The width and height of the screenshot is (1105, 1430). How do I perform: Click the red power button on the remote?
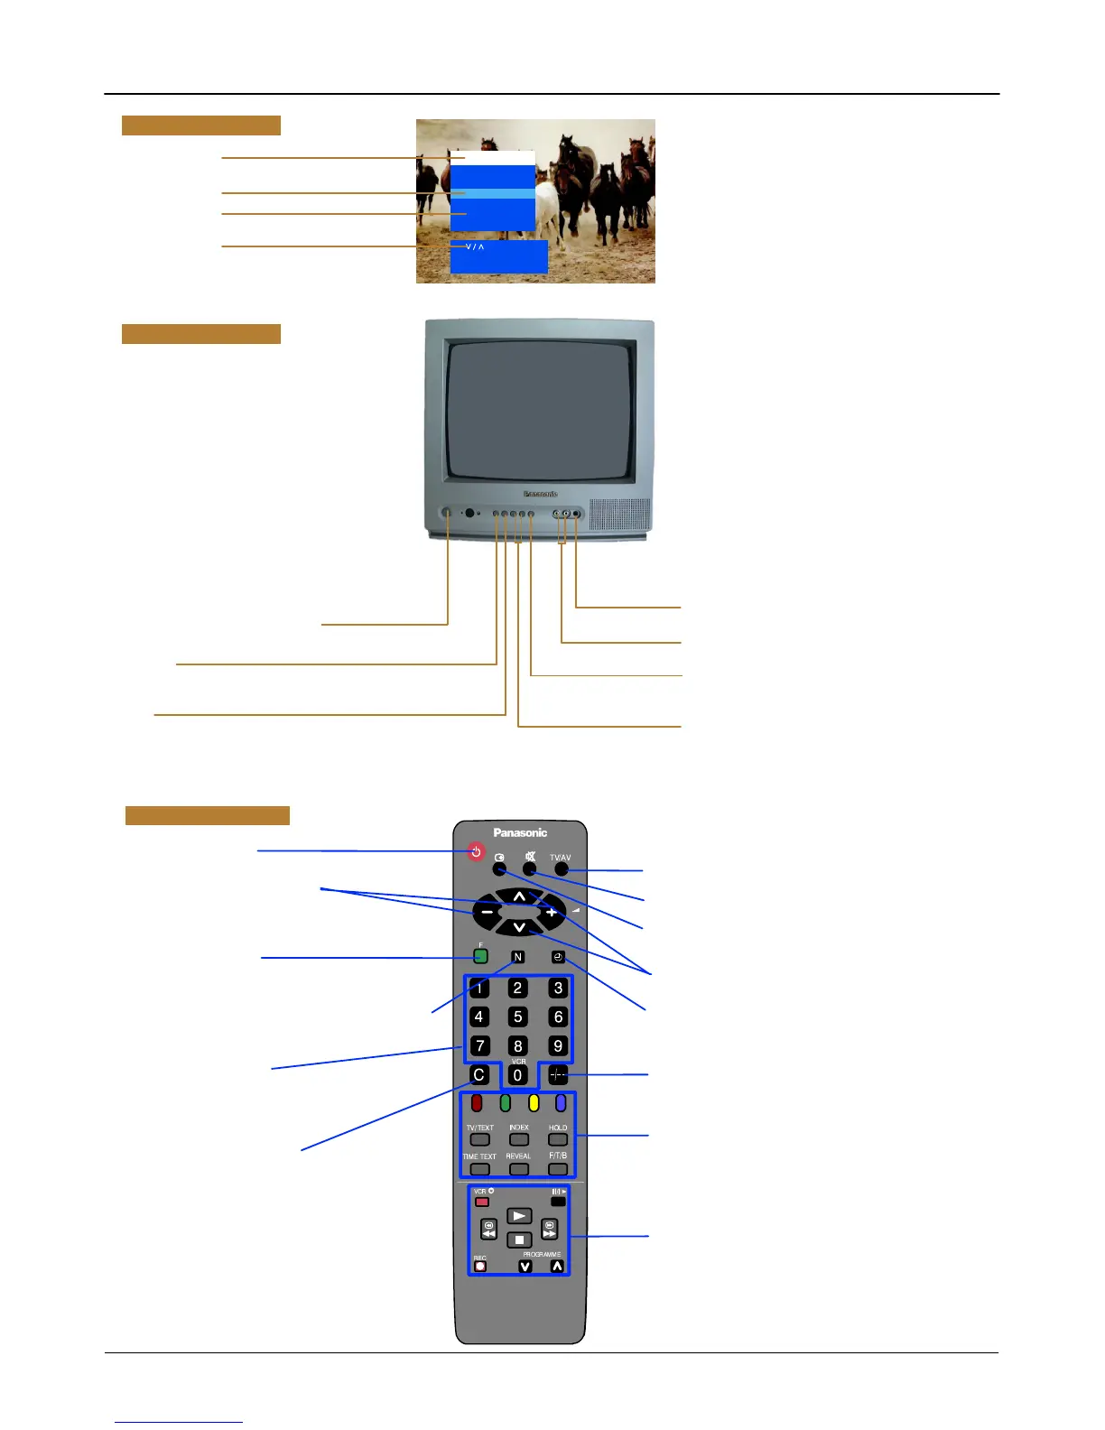tap(476, 851)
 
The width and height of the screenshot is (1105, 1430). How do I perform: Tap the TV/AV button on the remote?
tap(562, 868)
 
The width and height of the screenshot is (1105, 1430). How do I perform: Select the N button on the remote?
tap(517, 957)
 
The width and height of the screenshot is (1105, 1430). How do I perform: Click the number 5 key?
tap(517, 1017)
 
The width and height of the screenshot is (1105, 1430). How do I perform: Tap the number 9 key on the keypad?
tap(558, 1045)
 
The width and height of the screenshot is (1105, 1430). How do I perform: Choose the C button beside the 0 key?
tap(479, 1075)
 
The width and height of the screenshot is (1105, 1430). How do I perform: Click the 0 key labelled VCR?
tap(517, 1075)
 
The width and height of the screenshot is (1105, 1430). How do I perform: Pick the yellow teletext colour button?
tap(534, 1102)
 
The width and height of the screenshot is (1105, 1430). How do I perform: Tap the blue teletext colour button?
tap(561, 1102)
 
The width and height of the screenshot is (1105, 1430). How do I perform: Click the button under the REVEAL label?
tap(518, 1169)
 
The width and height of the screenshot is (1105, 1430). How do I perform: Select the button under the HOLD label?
tap(558, 1140)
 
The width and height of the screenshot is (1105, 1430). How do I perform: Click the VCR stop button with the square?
tap(518, 1240)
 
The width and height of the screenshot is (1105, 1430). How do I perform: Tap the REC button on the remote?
tap(480, 1266)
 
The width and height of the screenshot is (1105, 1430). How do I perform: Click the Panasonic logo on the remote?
tap(520, 832)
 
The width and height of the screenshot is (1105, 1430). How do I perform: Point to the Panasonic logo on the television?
tap(541, 494)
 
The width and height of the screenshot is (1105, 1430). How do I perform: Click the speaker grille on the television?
tap(619, 515)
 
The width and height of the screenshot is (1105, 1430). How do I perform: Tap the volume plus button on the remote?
tap(551, 912)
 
